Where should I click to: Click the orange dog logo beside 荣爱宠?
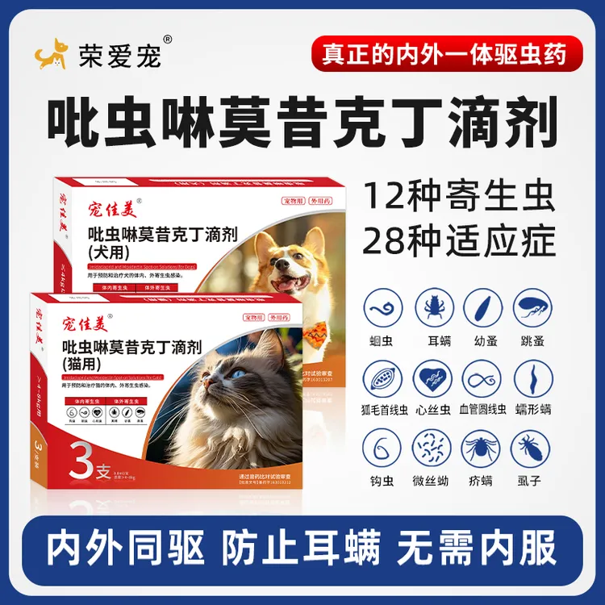(x=50, y=53)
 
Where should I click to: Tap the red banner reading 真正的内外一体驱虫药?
(x=443, y=53)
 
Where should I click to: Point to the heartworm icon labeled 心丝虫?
(x=434, y=378)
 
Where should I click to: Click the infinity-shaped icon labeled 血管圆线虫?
(x=483, y=378)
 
